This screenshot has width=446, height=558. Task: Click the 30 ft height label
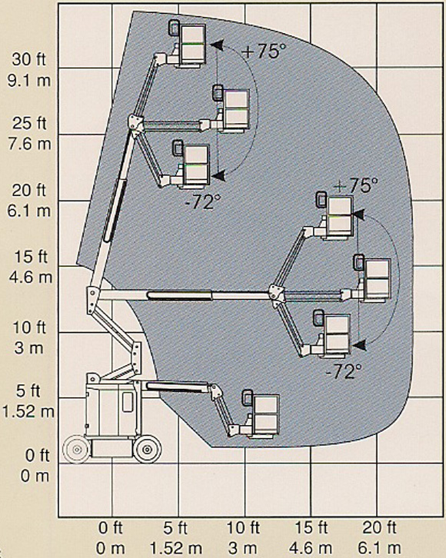coord(28,59)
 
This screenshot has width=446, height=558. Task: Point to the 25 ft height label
coord(29,123)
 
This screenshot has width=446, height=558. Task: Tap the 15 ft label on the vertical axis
coord(31,257)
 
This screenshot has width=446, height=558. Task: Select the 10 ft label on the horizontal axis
coord(243,528)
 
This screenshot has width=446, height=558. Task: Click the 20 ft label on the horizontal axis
coord(379,528)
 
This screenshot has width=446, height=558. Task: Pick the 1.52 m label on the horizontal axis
coord(176,548)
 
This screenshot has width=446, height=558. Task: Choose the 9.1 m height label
coord(29,81)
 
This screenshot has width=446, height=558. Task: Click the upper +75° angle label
coord(264,51)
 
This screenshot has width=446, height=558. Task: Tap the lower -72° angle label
coord(344,372)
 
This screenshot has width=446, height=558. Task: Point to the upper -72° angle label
coord(203,202)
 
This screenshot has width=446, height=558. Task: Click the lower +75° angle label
coord(356,185)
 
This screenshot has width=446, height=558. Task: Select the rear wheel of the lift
coord(77,450)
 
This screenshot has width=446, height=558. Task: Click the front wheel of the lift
coord(147,449)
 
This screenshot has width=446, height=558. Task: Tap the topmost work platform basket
coord(187,43)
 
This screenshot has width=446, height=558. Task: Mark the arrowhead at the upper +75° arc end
coord(217,45)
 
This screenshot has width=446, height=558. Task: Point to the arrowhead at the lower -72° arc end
coord(360,344)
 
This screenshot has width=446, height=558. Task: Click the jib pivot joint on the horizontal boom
coord(276,293)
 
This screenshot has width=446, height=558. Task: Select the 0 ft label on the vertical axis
coord(37,455)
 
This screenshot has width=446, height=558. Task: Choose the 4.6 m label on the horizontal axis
coord(311,548)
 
